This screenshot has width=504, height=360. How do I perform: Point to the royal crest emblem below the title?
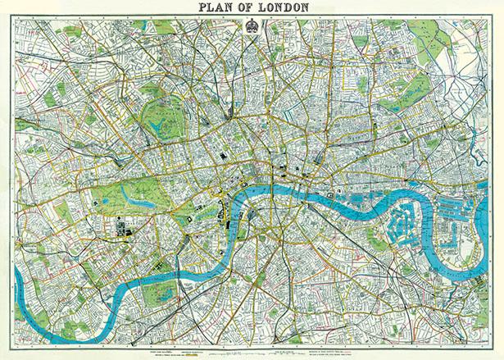[253, 24]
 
